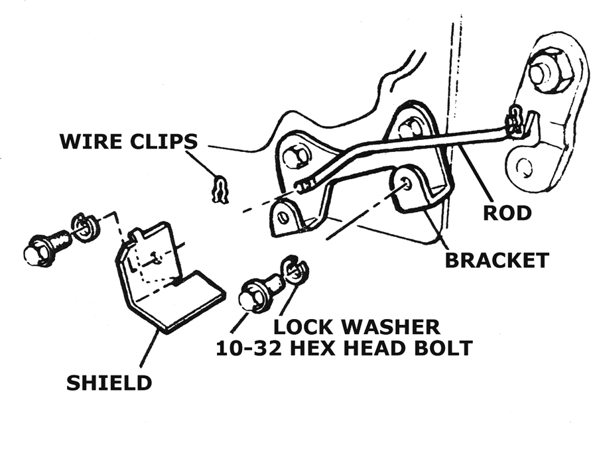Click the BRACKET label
coord(496,259)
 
